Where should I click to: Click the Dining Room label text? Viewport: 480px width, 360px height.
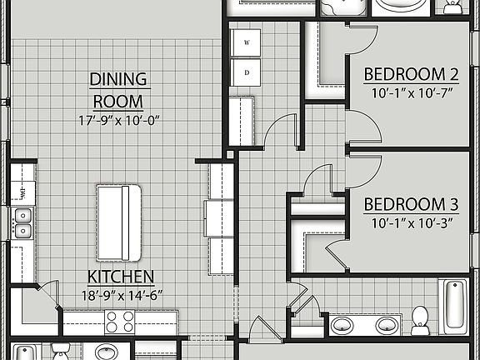tap(118, 91)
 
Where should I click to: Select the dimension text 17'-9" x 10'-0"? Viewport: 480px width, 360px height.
tap(118, 119)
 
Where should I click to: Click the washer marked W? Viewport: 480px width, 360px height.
tap(247, 42)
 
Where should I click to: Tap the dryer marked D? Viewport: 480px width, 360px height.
tap(247, 71)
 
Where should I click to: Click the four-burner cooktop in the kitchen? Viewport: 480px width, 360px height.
tap(119, 321)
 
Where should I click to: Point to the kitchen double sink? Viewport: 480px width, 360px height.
tap(22, 222)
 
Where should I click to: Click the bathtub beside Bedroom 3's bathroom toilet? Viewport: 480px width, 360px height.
tap(452, 306)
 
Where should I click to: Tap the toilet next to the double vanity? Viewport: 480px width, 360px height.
tap(421, 319)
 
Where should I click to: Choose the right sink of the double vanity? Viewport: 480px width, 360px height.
tap(386, 324)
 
